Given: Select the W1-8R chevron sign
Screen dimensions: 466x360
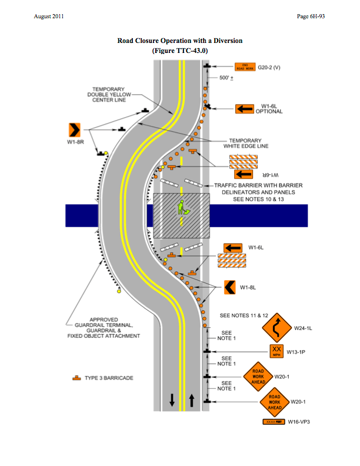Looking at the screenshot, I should click(74, 130).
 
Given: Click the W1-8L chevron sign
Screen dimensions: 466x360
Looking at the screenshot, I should click(231, 287).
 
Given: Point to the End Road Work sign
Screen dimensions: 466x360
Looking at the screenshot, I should click(244, 67).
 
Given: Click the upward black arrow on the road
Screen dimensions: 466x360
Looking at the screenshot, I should click(192, 401).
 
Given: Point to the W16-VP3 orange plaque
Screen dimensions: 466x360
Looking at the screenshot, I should click(274, 422).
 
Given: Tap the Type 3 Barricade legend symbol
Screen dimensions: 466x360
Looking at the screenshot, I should click(76, 377).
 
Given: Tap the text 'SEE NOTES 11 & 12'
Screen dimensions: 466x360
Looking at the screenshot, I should click(244, 316).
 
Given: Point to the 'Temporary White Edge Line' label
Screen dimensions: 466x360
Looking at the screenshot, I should click(246, 143).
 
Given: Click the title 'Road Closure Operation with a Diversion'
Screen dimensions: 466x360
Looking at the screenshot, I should click(180, 41).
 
